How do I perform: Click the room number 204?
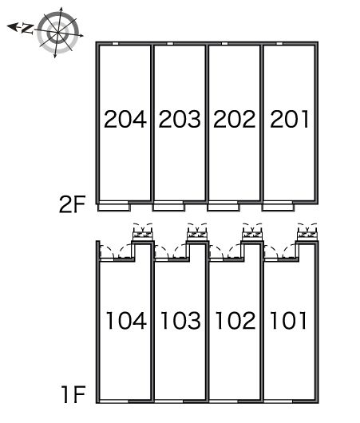pos(125,119)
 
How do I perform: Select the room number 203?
pos(180,119)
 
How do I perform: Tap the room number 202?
pos(234,119)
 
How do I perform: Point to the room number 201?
pos(289,119)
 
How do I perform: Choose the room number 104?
pos(126,321)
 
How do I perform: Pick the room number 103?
pos(180,321)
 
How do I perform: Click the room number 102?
pos(235,321)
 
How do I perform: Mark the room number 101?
pos(288,321)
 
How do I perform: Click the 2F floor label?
pos(72,204)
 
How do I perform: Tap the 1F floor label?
pos(73,394)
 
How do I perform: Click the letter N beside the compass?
pos(27,29)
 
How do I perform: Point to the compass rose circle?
pos(57,33)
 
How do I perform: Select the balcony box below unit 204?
pos(114,208)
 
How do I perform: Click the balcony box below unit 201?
pos(278,208)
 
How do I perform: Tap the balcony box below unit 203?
pos(168,208)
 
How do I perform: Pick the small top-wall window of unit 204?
pos(115,43)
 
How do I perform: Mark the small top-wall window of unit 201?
pos(279,43)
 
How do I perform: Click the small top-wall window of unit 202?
pos(224,43)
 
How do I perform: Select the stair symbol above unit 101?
pos(307,233)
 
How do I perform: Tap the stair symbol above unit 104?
pos(143,233)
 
